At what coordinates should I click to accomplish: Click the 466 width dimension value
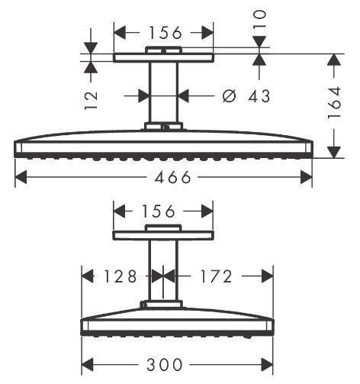(164, 178)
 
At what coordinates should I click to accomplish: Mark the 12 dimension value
(92, 97)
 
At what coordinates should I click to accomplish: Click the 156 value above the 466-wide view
(163, 32)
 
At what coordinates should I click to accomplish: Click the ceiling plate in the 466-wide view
(163, 57)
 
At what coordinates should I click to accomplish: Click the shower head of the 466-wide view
(163, 147)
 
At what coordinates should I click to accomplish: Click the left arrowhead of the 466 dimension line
(20, 178)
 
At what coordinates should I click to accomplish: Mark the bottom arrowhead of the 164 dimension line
(335, 153)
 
